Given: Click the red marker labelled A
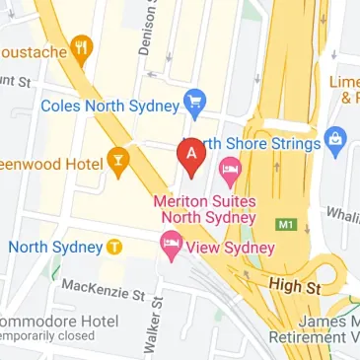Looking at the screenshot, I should tap(189, 155).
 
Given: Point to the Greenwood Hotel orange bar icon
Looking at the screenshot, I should tap(120, 159).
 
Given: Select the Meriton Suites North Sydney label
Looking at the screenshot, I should tap(204, 209).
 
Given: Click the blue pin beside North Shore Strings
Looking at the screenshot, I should tap(335, 142).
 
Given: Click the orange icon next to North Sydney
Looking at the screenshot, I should tap(114, 247).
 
